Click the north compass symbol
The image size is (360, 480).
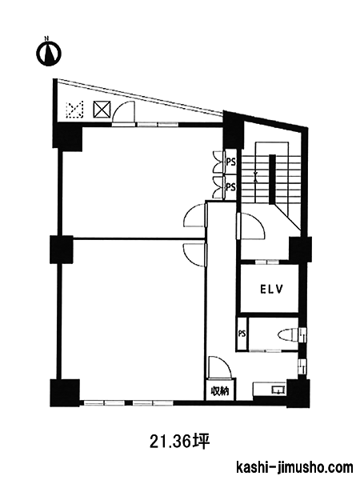tap(48, 53)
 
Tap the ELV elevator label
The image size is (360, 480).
tap(271, 290)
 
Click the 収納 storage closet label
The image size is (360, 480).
tap(220, 390)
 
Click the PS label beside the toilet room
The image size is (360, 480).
tap(242, 334)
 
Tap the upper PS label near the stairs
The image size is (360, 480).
tap(231, 162)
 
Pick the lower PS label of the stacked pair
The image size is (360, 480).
tap(231, 186)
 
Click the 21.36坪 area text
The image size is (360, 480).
tap(180, 442)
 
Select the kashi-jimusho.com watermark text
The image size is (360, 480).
tap(295, 468)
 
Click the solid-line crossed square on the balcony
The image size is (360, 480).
tap(102, 110)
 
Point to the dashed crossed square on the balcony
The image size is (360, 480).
tap(75, 110)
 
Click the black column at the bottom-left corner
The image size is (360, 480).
tap(65, 393)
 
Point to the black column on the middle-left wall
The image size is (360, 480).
tap(62, 249)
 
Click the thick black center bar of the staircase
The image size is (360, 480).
tap(273, 179)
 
